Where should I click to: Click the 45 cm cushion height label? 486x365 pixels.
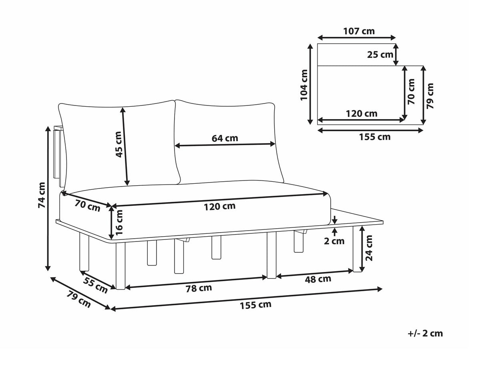[x=119, y=144]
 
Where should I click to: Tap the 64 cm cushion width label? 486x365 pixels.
[x=225, y=138]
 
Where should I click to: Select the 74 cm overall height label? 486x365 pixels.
[x=42, y=195]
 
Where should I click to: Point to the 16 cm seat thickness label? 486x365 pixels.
[x=119, y=223]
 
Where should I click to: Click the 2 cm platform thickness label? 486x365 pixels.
[x=334, y=241]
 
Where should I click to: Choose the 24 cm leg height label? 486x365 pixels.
[x=369, y=248]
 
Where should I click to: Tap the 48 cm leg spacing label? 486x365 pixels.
[x=318, y=279]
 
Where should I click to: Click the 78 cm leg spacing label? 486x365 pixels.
[x=199, y=288]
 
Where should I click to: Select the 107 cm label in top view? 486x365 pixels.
[x=359, y=31]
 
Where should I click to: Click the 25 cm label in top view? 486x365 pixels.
[x=380, y=55]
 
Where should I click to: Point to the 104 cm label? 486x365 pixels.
[x=304, y=85]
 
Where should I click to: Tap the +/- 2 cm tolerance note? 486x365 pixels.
[x=425, y=339]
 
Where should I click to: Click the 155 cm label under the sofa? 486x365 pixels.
[x=255, y=305]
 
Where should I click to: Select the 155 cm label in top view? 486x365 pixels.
[x=375, y=137]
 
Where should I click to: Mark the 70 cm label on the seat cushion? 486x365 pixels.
[x=87, y=205]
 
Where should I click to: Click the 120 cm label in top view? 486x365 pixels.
[x=361, y=114]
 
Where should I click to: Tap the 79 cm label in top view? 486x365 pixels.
[x=430, y=96]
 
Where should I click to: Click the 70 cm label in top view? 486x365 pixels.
[x=411, y=91]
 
